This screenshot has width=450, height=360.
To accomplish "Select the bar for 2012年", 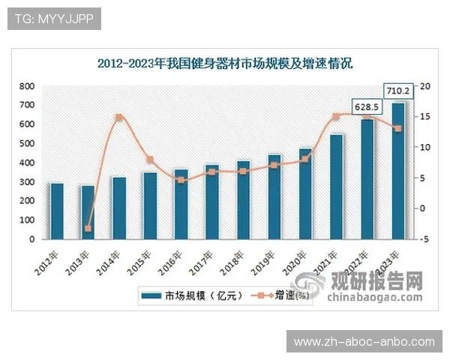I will [x=57, y=211].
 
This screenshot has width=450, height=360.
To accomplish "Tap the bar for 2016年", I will [x=181, y=204].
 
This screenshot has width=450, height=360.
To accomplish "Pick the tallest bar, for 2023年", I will [x=398, y=171].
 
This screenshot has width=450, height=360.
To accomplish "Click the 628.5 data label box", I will [x=367, y=107].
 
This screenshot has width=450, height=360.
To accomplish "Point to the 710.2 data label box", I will [x=397, y=91].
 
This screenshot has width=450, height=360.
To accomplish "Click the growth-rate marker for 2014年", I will [x=118, y=118].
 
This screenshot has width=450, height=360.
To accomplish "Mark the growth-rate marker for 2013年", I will [x=88, y=228].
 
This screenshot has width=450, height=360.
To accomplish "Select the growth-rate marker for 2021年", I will [x=336, y=116].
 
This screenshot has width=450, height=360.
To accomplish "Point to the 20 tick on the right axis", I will [x=424, y=86].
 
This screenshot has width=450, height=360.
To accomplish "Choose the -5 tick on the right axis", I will [x=424, y=239].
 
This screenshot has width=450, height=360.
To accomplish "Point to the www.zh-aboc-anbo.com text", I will [x=364, y=341].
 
